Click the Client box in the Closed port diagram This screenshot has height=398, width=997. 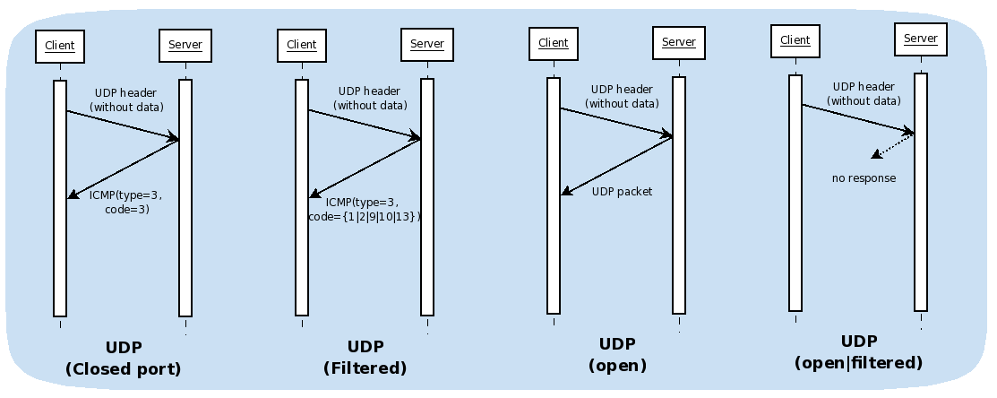point(60,46)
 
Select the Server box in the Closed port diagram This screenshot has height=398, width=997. point(185,46)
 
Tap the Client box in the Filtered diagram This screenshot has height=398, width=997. point(302,45)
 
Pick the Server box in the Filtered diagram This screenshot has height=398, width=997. point(427,45)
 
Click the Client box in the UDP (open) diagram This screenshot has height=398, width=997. point(554,43)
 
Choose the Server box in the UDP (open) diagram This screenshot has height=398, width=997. point(679,43)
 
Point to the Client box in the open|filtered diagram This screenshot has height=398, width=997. point(795,40)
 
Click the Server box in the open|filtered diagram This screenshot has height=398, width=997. point(921,39)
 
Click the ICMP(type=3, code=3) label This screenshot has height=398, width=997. point(126,202)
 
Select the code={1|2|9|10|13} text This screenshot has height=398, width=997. point(365,217)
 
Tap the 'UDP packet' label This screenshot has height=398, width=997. point(623,192)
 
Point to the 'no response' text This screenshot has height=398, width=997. point(864,178)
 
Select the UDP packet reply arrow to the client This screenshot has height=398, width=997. point(616,165)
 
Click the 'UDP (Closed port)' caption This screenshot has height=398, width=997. point(124,359)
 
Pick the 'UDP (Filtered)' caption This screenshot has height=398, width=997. point(365,358)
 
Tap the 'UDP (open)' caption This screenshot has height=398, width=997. point(617,355)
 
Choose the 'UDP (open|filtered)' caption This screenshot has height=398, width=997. point(858,352)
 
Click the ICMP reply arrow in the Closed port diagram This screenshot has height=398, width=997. point(124,169)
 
